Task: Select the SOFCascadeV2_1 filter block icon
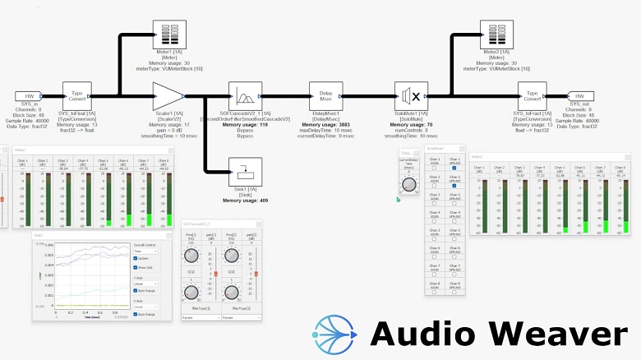tap(245, 96)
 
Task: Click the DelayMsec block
tap(326, 96)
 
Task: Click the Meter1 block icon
tap(169, 36)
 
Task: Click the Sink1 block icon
tap(245, 173)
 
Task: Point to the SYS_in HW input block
tap(30, 96)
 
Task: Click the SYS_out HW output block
tap(579, 96)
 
